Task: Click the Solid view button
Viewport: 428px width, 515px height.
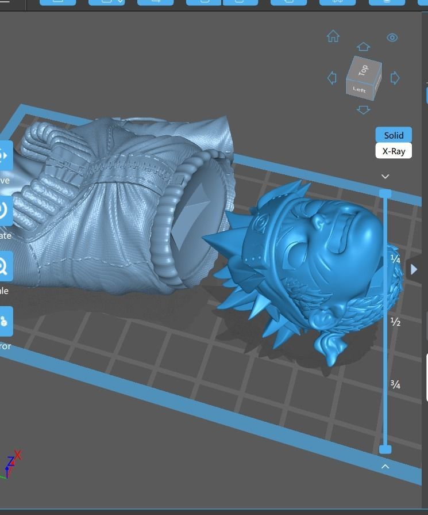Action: pos(394,135)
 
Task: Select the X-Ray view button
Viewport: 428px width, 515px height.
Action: pos(394,151)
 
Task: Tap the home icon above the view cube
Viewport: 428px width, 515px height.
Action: pos(333,37)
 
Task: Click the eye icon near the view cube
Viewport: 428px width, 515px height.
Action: pos(392,37)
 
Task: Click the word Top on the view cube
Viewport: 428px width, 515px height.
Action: pos(363,70)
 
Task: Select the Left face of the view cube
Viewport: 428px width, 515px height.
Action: pos(359,89)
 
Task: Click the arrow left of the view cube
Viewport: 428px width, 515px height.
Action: pos(331,78)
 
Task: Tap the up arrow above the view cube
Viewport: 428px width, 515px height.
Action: pos(363,47)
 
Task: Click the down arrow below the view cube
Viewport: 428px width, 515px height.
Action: pos(363,109)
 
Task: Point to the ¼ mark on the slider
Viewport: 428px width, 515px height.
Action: pos(395,259)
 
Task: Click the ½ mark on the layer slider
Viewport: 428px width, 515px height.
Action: pos(395,322)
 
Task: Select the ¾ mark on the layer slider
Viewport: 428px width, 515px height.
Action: pos(395,384)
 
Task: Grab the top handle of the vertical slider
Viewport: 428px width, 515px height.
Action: pos(385,193)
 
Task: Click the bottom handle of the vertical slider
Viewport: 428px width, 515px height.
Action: pos(385,449)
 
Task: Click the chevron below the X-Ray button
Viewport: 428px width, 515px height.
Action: pos(385,177)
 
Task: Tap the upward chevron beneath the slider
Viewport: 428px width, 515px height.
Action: pos(385,466)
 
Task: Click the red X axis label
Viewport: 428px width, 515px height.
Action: pos(18,455)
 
